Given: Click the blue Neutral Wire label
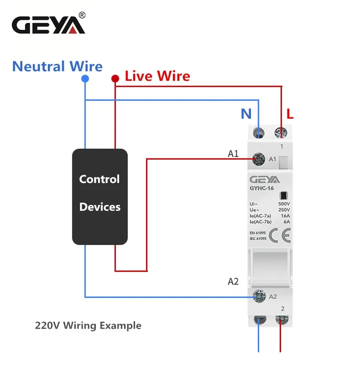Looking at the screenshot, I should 57,66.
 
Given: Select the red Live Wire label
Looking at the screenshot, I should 157,76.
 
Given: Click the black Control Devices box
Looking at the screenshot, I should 100,197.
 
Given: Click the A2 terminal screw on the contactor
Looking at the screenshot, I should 259,296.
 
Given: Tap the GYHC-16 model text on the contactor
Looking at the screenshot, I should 261,188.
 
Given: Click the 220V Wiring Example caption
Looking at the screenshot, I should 88,326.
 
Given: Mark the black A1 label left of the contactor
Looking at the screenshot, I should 233,154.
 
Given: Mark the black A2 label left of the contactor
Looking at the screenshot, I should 233,282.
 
